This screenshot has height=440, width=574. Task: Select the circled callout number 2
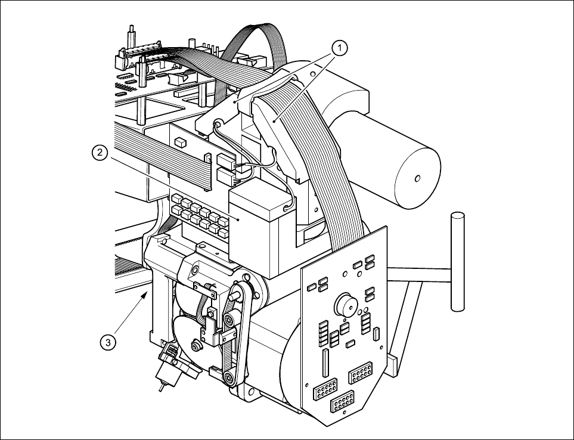(99, 153)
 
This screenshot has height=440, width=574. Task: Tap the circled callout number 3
(107, 342)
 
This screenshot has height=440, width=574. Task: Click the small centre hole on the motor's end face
(417, 177)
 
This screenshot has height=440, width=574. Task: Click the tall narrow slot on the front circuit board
(325, 363)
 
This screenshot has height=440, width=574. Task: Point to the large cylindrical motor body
(381, 155)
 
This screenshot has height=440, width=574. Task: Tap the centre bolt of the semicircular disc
(196, 346)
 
